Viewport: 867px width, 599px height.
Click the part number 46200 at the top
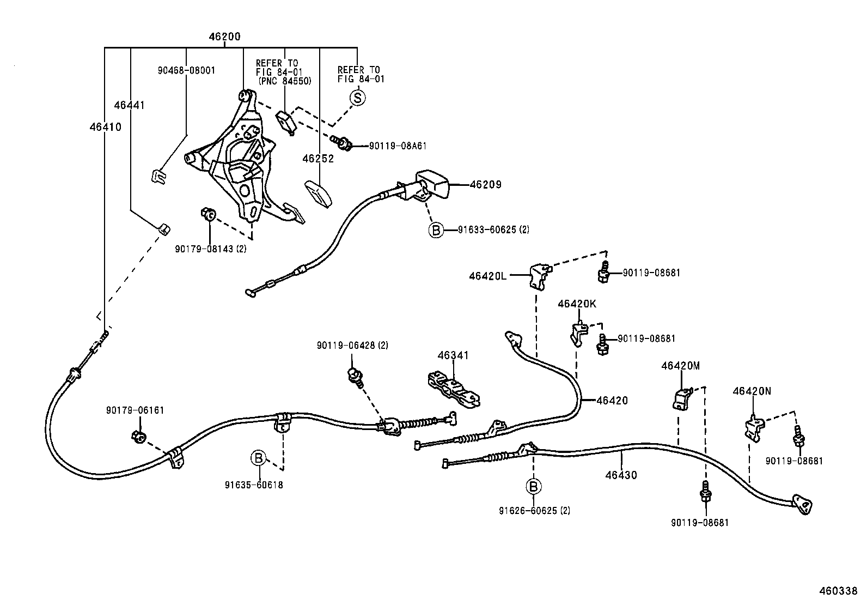tap(224, 37)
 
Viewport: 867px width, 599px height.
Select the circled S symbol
tap(358, 98)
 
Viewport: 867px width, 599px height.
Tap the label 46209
tap(485, 184)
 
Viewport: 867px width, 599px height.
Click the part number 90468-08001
tap(187, 70)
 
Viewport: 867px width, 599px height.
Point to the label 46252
tap(318, 159)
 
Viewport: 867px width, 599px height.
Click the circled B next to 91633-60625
tap(436, 230)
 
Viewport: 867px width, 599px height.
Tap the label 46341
tap(453, 355)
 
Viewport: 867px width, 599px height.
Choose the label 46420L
tap(487, 276)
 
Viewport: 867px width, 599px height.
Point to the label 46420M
tap(680, 366)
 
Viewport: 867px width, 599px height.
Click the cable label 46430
tap(621, 475)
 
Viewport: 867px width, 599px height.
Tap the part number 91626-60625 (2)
tap(534, 511)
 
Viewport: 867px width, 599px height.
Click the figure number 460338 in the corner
tap(839, 590)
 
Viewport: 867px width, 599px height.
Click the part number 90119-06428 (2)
tap(352, 345)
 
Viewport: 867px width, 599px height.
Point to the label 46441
tap(130, 105)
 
